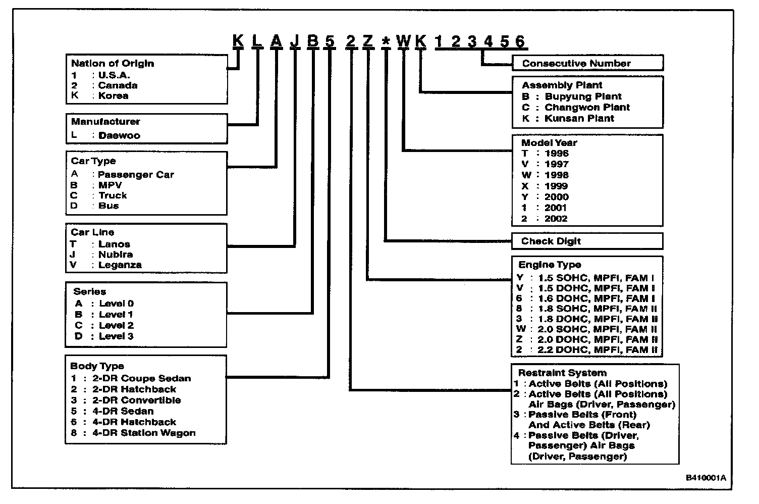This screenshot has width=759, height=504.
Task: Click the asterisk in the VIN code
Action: [x=386, y=41]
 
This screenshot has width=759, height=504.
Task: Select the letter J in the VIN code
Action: [x=295, y=41]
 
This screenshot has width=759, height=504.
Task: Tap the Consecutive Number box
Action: [x=587, y=63]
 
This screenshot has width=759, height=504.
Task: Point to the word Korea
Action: [x=113, y=96]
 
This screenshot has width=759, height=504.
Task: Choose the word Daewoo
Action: [x=119, y=135]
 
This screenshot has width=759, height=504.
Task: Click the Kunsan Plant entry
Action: [x=579, y=119]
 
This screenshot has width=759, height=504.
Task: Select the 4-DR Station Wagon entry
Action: [x=144, y=433]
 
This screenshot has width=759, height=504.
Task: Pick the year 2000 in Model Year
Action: [x=556, y=197]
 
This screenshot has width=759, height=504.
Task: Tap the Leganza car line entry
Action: [x=120, y=265]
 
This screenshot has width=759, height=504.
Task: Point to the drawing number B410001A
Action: [x=705, y=478]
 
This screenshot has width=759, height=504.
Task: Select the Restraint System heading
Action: [x=562, y=373]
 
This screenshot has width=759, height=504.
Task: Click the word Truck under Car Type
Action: [x=113, y=195]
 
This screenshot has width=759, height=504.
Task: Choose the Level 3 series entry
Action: [x=116, y=336]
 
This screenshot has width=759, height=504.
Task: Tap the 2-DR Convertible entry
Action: [x=136, y=400]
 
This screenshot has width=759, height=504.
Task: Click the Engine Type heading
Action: [x=550, y=265]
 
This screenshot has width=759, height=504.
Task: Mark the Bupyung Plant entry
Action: [x=583, y=96]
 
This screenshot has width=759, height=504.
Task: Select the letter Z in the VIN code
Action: [x=367, y=41]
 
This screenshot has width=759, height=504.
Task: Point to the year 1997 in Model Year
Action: [x=556, y=164]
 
